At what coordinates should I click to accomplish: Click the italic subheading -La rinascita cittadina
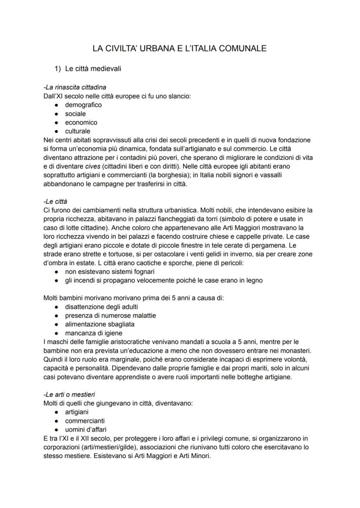[x=75, y=87]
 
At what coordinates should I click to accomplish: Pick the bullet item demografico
[x=83, y=105]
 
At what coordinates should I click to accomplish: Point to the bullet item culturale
[x=78, y=131]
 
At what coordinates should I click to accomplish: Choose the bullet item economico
[x=81, y=122]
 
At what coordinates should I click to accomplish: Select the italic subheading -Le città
[x=56, y=201]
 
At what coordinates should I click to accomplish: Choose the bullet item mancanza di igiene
[x=93, y=333]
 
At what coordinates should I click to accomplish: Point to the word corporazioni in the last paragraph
[x=64, y=447]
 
